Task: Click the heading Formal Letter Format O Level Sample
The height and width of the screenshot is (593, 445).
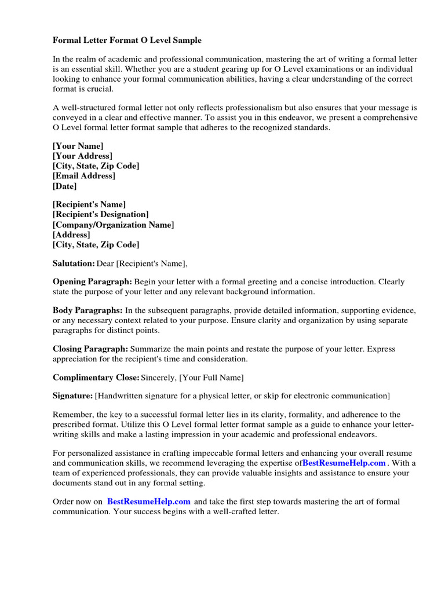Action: [x=127, y=41]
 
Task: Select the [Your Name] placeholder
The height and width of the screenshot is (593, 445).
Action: [x=78, y=147]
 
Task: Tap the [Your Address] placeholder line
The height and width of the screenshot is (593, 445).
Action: [x=83, y=156]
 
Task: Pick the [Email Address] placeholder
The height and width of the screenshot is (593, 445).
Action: [x=84, y=176]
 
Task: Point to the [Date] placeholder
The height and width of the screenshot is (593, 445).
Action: [x=65, y=186]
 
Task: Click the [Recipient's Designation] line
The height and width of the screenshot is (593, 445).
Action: [x=101, y=214]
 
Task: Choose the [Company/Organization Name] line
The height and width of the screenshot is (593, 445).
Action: [x=114, y=225]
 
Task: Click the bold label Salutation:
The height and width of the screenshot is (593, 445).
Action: [x=74, y=264]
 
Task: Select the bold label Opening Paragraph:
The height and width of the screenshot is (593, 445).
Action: [x=93, y=281]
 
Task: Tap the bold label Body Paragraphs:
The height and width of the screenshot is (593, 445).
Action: [x=87, y=310]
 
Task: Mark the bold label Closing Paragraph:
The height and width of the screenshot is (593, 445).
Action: [x=90, y=349]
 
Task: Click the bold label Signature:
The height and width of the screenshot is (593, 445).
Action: [x=72, y=396]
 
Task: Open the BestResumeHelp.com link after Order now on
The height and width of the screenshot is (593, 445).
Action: [x=149, y=502]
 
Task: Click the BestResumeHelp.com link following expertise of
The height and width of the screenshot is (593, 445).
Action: [x=344, y=463]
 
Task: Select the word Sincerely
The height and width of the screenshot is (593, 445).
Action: [x=159, y=378]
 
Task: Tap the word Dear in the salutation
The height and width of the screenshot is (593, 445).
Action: [x=105, y=264]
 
